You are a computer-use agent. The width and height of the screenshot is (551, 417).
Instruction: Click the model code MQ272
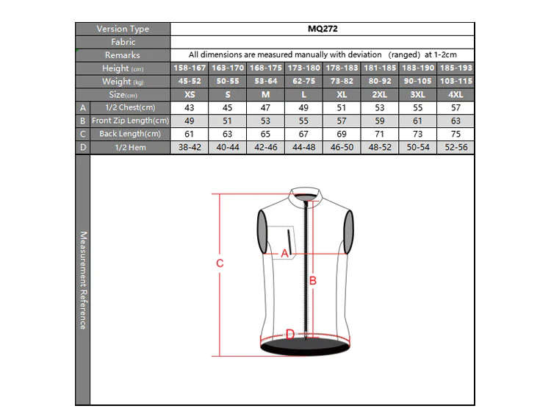[323, 29]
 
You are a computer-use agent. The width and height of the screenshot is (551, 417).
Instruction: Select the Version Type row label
[123, 29]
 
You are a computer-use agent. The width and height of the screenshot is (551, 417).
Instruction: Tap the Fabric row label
[123, 42]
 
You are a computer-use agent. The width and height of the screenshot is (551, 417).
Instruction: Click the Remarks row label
[122, 55]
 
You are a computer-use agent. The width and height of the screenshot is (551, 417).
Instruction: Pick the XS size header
[190, 95]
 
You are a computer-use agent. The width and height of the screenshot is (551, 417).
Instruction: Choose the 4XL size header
[455, 95]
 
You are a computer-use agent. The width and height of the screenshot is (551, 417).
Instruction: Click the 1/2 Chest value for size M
[265, 107]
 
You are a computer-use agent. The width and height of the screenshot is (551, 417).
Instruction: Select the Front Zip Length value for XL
[342, 121]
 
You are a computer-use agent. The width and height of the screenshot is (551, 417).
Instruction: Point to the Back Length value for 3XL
[417, 134]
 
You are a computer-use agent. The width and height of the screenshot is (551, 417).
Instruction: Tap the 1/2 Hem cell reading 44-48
[304, 147]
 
